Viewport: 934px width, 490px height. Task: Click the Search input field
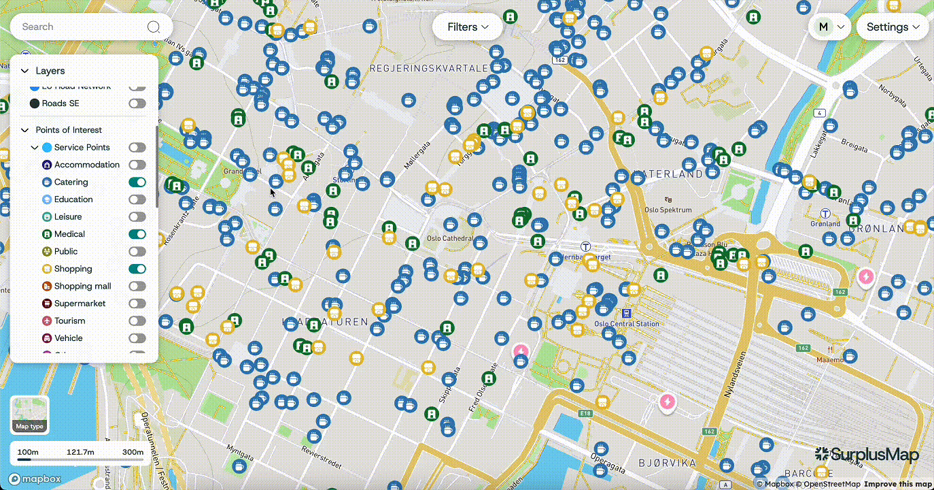point(82,27)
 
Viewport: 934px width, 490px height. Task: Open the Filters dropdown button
point(468,27)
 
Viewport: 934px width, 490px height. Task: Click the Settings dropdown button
point(893,27)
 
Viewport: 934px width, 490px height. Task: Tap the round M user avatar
point(823,27)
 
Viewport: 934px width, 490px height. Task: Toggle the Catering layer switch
point(137,182)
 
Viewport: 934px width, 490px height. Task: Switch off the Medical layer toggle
point(137,234)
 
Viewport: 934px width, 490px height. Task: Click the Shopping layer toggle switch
point(137,269)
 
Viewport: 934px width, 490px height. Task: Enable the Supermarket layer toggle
point(137,304)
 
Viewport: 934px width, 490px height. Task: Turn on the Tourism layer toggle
point(137,321)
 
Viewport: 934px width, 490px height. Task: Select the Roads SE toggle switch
point(137,103)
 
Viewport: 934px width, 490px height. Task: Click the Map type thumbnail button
point(30,414)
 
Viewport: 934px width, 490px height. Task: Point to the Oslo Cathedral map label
point(449,239)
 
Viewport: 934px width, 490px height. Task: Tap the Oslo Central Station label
point(627,324)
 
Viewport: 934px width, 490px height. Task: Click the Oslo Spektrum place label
point(668,210)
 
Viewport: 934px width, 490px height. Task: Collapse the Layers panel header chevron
point(25,71)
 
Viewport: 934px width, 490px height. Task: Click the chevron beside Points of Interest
point(25,130)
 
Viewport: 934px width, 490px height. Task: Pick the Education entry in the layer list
point(73,199)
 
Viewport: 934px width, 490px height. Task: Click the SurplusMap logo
point(867,455)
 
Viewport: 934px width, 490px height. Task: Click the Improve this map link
point(897,485)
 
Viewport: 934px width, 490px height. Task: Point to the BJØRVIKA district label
point(667,463)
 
